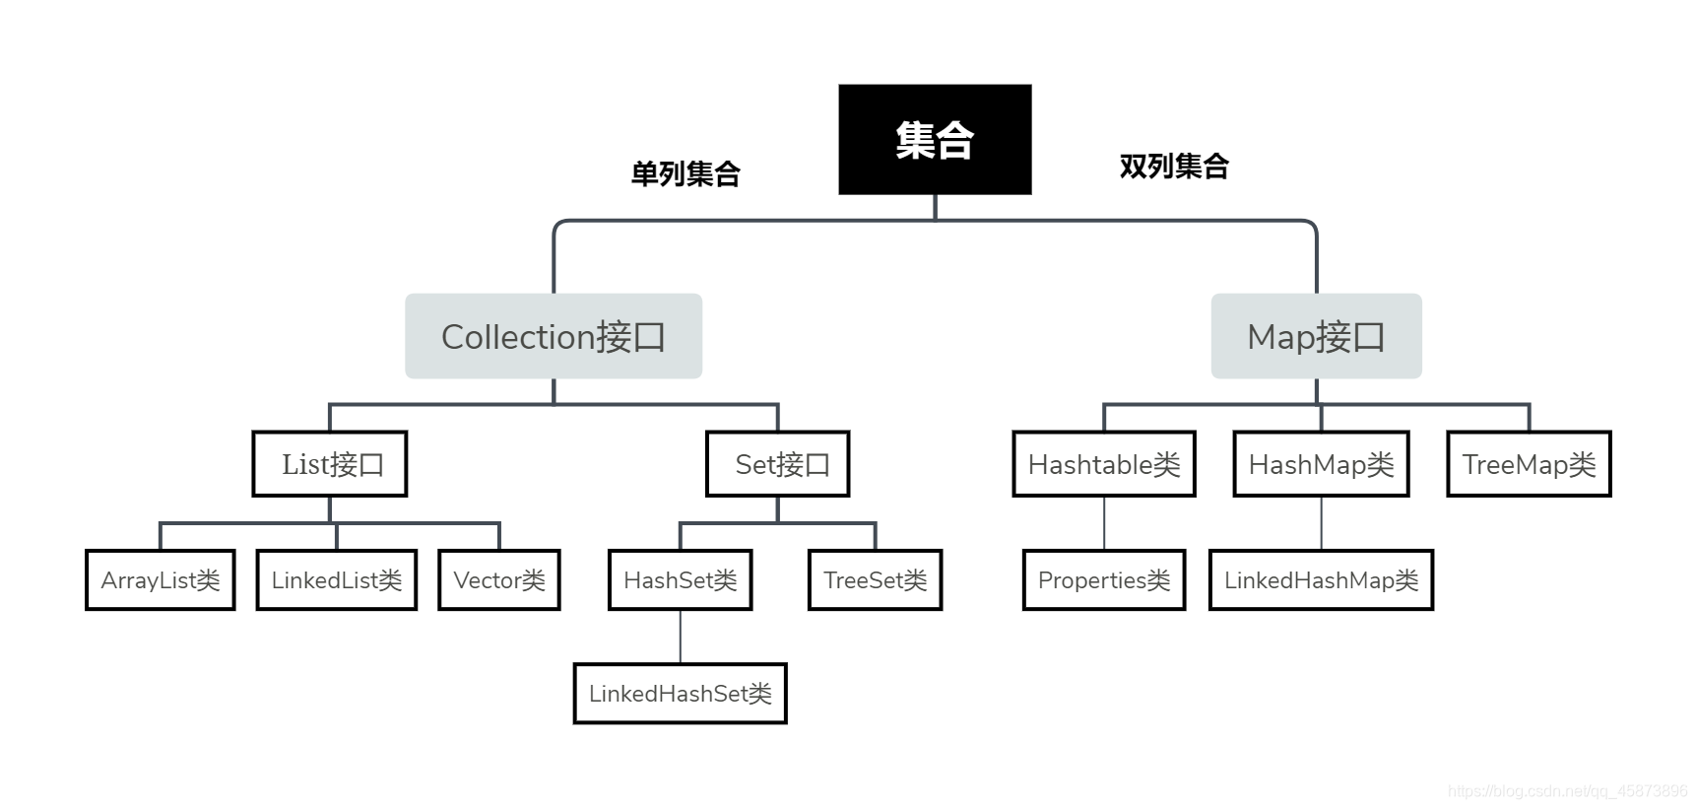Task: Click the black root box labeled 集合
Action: click(x=935, y=139)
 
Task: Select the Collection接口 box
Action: click(x=554, y=336)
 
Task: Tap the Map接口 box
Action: click(x=1316, y=336)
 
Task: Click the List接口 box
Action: click(x=330, y=463)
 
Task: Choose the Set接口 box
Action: click(x=778, y=463)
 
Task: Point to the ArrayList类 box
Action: click(x=161, y=579)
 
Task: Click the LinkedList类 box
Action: click(x=337, y=579)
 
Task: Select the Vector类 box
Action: click(x=499, y=579)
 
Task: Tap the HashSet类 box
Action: click(x=681, y=579)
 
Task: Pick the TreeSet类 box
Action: click(x=876, y=579)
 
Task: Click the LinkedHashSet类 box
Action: click(x=681, y=694)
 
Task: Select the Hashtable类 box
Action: click(x=1104, y=463)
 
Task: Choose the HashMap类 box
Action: click(x=1322, y=463)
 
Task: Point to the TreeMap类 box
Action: click(x=1529, y=463)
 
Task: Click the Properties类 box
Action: click(x=1104, y=579)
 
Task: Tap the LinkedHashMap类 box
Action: click(x=1322, y=579)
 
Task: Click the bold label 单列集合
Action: click(x=685, y=173)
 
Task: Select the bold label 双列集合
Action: click(x=1174, y=166)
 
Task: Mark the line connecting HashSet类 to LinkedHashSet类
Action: click(x=681, y=637)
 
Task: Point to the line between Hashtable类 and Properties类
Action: click(x=1104, y=522)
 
